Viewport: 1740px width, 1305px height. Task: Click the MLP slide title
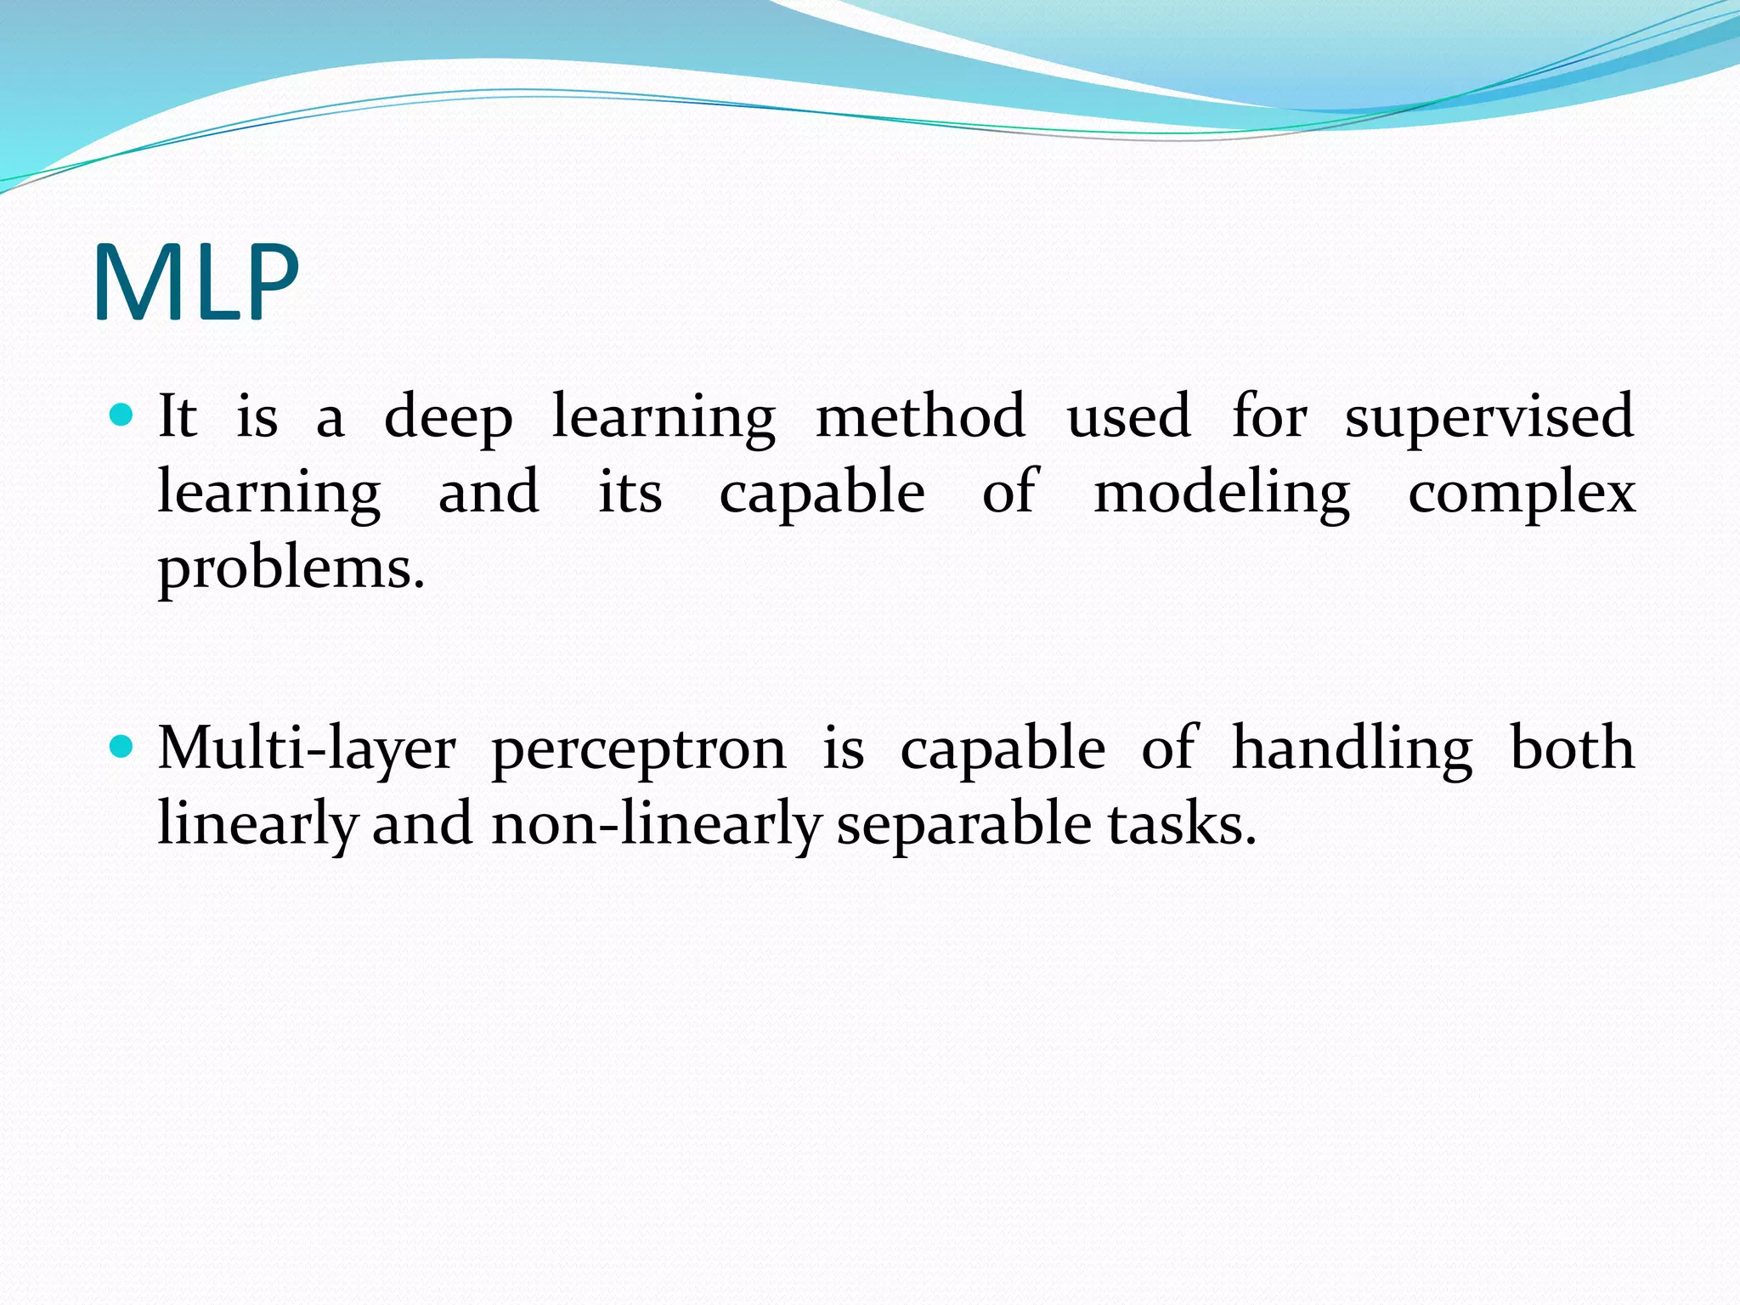click(x=196, y=283)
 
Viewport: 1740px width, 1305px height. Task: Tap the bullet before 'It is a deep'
click(x=123, y=415)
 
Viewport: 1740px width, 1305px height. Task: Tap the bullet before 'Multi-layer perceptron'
click(x=123, y=747)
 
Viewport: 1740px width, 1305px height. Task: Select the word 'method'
click(x=920, y=416)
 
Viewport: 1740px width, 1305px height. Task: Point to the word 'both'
click(x=1572, y=749)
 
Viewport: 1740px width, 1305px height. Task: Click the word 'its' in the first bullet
click(x=630, y=493)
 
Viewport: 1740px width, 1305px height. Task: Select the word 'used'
click(x=1129, y=417)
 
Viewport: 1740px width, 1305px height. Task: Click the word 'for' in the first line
click(x=1269, y=416)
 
